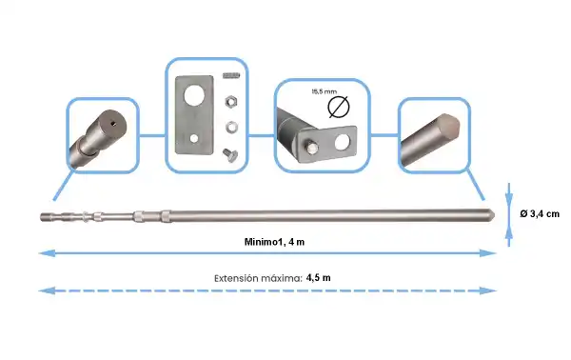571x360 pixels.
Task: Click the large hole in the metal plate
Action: pyautogui.click(x=194, y=97)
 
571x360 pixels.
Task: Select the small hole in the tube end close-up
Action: pyautogui.click(x=112, y=121)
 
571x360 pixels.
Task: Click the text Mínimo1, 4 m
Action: pyautogui.click(x=274, y=241)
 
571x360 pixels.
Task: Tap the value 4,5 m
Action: pyautogui.click(x=319, y=277)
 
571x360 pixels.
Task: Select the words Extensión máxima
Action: pyautogui.click(x=257, y=277)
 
